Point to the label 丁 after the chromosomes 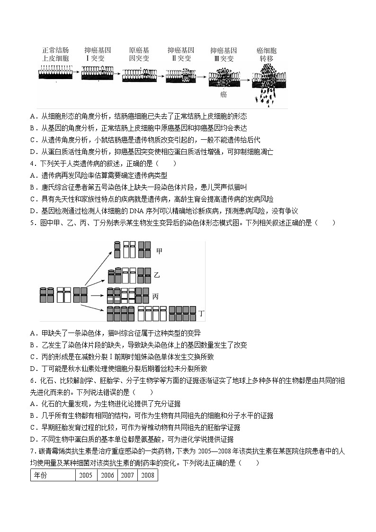pyautogui.click(x=201, y=313)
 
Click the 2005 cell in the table pyautogui.click(x=86, y=475)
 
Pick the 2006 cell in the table pyautogui.click(x=107, y=475)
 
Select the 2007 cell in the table pyautogui.click(x=127, y=475)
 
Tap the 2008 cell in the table pyautogui.click(x=147, y=475)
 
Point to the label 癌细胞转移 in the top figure pyautogui.click(x=266, y=54)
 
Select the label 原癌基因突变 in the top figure pyautogui.click(x=139, y=54)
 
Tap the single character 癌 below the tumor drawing pyautogui.click(x=223, y=94)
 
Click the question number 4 pyautogui.click(x=32, y=163)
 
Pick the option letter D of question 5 pyautogui.click(x=33, y=368)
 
